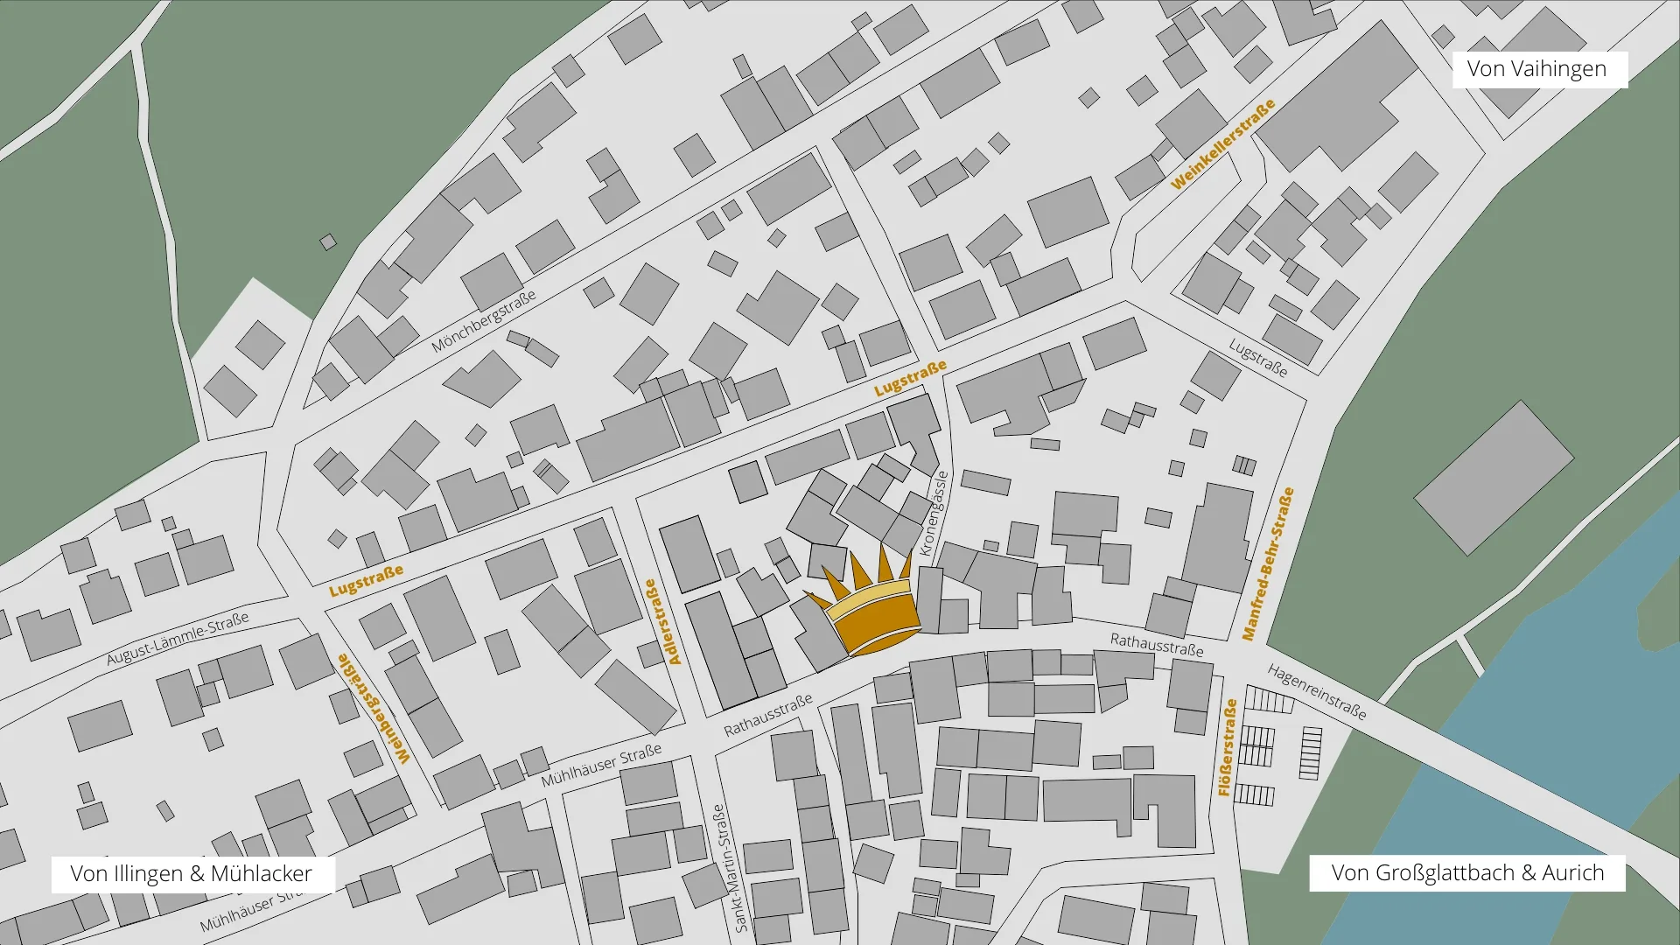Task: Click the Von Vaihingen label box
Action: coord(1539,69)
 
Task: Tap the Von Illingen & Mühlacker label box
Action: coord(192,873)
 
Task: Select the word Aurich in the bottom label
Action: coord(1572,872)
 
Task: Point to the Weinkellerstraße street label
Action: coord(1222,145)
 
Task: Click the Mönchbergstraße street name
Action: coord(483,322)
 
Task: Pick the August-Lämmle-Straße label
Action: coord(178,639)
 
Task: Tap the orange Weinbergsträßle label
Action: coord(374,709)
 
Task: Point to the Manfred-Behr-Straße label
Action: coord(1268,563)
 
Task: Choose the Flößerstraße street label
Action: coord(1228,747)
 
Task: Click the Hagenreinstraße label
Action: coord(1317,691)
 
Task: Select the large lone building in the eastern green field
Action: coord(1494,478)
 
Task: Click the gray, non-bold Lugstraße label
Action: coord(1258,358)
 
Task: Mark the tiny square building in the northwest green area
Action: coord(328,241)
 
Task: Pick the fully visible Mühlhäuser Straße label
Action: coord(601,766)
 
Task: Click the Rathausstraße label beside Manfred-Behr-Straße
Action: coord(1157,645)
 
